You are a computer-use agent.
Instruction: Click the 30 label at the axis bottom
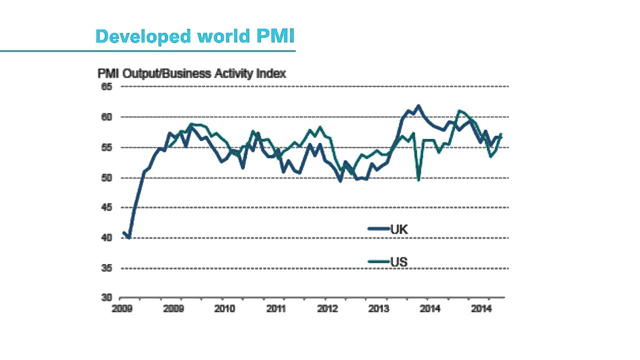click(107, 298)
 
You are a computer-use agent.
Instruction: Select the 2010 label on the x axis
click(224, 309)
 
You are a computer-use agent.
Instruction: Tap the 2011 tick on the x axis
click(276, 309)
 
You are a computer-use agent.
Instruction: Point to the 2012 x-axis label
click(327, 309)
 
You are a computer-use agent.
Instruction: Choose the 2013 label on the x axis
click(378, 309)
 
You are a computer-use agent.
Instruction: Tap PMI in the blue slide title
click(275, 36)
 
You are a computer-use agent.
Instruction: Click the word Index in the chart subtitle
click(270, 73)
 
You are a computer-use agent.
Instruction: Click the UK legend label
click(399, 229)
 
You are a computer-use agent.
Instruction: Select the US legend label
click(399, 261)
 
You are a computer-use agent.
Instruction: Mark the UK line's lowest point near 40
click(129, 237)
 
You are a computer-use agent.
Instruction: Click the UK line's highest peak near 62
click(419, 106)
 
